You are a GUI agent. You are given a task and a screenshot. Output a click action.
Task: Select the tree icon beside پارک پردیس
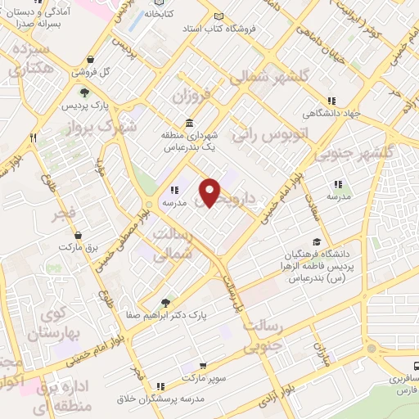point(83,92)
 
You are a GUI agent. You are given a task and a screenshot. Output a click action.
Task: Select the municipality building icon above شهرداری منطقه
point(190,123)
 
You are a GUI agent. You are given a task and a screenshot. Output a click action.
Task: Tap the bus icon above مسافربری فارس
point(413,367)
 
